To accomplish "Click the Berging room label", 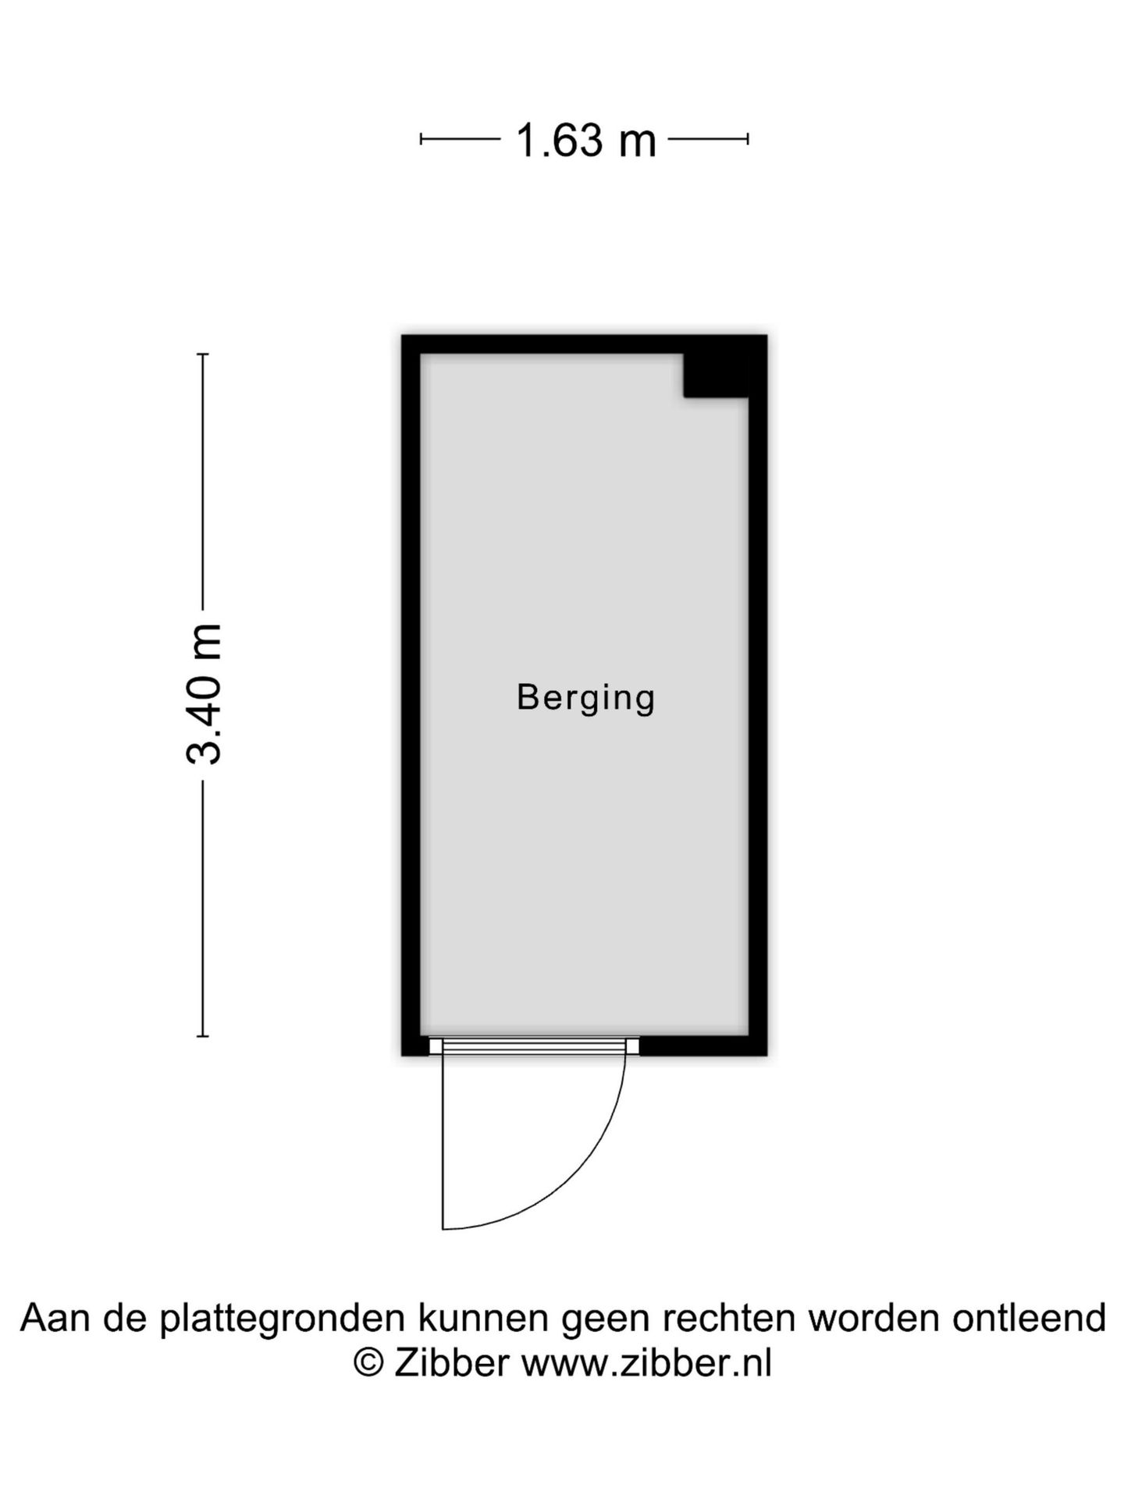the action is coord(585,698).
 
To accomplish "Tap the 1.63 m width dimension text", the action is coord(585,141).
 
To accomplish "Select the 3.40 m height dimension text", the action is coord(205,694).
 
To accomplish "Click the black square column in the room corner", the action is coord(716,376).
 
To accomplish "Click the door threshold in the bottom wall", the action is coord(534,1046).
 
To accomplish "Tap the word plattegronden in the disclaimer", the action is coord(283,1319).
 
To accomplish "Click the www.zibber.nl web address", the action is coord(646,1364).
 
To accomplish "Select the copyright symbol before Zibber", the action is coord(368,1364).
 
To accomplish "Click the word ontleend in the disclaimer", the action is coord(1029,1318).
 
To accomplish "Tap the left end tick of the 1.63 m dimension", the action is coord(421,140).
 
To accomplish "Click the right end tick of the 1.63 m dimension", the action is coord(748,140).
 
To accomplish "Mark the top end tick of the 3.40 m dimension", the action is coord(203,354).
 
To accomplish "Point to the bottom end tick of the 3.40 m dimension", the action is coord(203,1036).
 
